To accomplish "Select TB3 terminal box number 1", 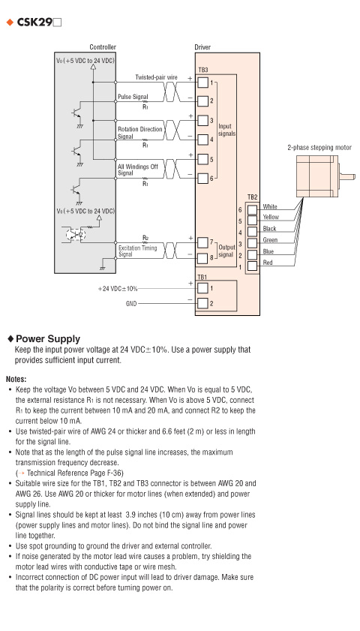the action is coord(203,82).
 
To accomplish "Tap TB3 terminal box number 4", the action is coord(203,140).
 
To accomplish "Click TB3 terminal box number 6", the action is coord(203,179).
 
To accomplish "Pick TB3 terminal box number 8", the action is coord(203,257).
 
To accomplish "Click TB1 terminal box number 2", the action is coord(203,303).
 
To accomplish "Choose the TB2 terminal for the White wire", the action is coord(252,209).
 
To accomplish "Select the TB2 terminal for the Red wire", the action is coord(252,266).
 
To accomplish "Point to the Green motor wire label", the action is coord(270,240).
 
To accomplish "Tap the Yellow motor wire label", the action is coord(271,217).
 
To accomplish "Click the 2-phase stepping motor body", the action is coord(317,176).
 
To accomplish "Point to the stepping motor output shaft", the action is coord(347,176).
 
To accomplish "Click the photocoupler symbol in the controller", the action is coord(75,234).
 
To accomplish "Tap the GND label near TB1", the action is coord(131,303).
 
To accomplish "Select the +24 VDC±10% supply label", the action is coord(118,289).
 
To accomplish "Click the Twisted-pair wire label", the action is coord(156,77).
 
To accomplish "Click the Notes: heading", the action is coord(16,379).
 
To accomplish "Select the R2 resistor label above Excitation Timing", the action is coord(145,237).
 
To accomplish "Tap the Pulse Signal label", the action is coord(133,97).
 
